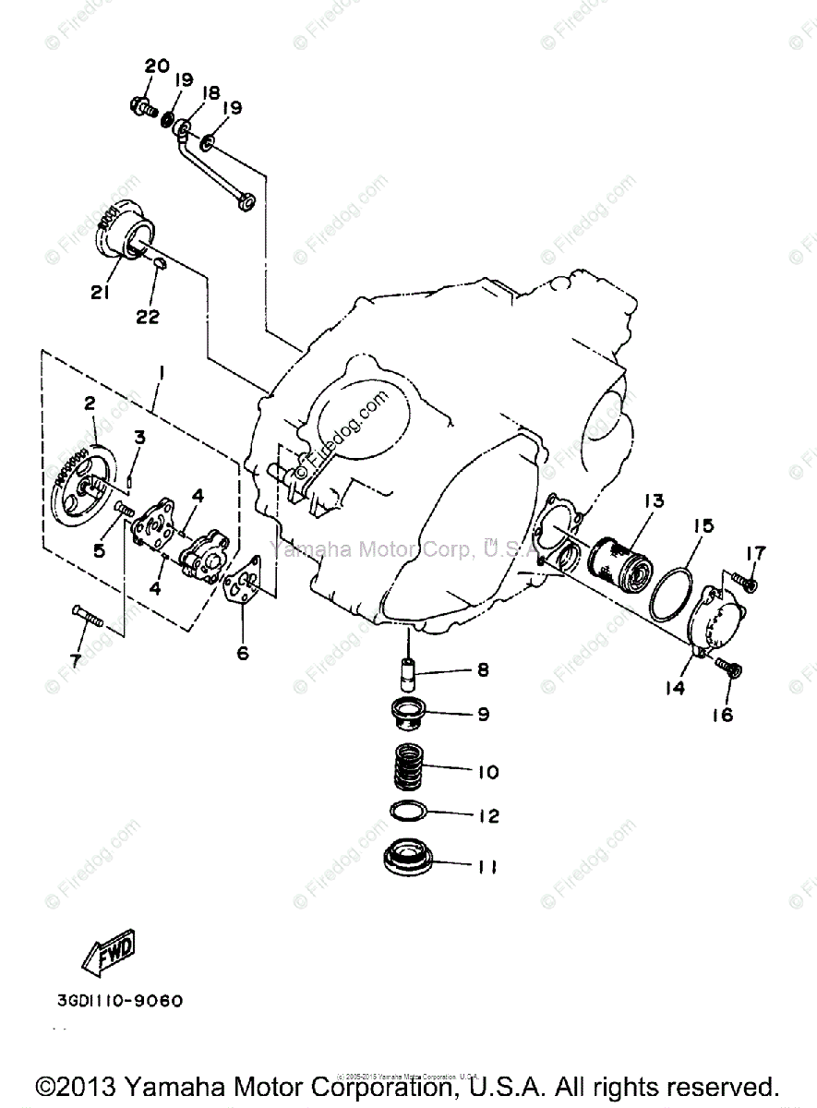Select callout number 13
(x=654, y=501)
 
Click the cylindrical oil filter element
(x=621, y=559)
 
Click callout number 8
(x=482, y=670)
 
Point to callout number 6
(x=243, y=653)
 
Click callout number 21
(x=101, y=293)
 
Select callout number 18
(x=210, y=92)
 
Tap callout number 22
(x=148, y=317)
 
